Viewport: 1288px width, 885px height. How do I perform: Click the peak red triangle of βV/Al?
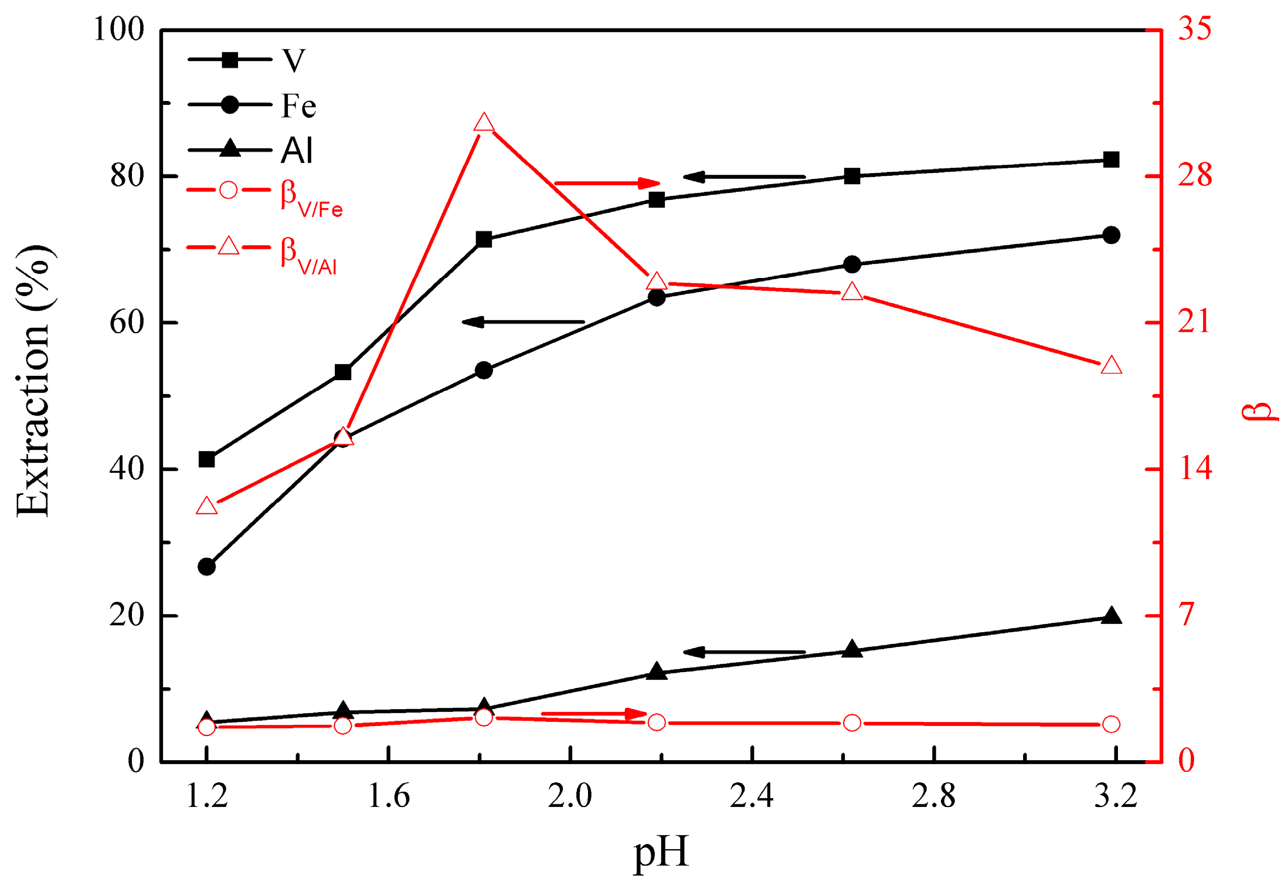[484, 124]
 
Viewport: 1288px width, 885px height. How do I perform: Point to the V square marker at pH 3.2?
[1110, 160]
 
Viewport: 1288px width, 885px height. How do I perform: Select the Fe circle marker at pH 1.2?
[206, 567]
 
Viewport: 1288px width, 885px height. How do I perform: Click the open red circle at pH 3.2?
[1111, 724]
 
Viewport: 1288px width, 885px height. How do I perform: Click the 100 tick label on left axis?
[119, 29]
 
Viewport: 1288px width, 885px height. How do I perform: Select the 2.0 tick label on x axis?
[570, 797]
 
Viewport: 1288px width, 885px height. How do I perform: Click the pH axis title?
[661, 852]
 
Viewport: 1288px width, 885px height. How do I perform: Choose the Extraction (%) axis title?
[34, 381]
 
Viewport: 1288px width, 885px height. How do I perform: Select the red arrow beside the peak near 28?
[607, 184]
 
